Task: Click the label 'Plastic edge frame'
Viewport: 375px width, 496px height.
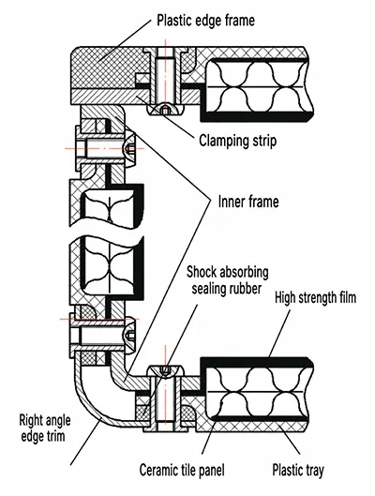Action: click(205, 21)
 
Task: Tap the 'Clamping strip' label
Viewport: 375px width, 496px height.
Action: click(238, 141)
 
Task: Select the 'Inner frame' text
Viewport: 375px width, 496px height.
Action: click(248, 202)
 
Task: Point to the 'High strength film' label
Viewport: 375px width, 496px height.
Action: click(316, 297)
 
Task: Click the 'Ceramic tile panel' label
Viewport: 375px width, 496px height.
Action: click(182, 470)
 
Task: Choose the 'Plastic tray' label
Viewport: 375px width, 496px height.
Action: click(298, 470)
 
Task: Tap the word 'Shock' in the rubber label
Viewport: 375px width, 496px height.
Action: click(202, 272)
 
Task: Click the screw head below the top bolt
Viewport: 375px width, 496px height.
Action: click(165, 110)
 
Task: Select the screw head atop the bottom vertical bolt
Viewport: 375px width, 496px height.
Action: click(165, 370)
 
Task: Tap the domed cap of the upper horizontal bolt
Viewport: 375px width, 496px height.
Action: click(130, 148)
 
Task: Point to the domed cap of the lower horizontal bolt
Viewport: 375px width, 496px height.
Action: click(130, 335)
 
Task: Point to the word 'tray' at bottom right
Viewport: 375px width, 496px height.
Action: click(313, 471)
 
